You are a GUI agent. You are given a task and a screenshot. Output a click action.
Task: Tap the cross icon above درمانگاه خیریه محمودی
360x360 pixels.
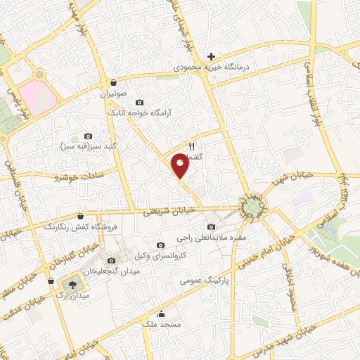[211, 56]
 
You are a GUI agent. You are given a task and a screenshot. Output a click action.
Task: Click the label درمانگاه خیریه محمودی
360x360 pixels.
[211, 68]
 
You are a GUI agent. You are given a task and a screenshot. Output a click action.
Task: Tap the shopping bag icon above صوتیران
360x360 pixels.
[113, 82]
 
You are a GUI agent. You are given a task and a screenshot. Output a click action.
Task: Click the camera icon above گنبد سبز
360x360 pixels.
[88, 136]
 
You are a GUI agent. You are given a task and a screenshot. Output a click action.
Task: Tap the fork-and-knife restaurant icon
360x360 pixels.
[191, 147]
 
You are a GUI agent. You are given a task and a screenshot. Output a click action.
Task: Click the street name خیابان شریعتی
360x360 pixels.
[167, 211]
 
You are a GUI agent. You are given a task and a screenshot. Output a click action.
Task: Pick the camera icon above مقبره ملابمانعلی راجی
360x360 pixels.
[212, 226]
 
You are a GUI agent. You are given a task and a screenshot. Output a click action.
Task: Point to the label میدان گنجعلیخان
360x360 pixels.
[112, 271]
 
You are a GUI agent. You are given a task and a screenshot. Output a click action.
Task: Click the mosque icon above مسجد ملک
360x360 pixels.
[162, 314]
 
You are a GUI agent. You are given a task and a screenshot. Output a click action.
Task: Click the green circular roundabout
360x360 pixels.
[253, 206]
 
